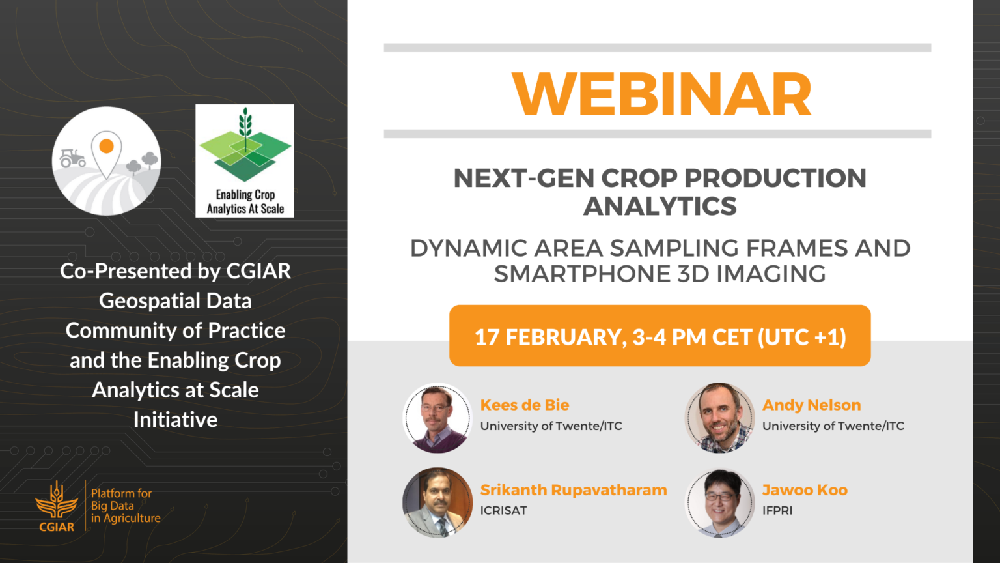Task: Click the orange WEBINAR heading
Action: (661, 94)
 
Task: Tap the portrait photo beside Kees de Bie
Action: (437, 418)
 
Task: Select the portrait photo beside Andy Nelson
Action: (719, 418)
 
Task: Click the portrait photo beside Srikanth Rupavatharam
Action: (437, 502)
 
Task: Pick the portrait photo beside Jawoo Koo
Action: (719, 502)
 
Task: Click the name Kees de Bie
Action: (525, 405)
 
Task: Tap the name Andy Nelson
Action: (812, 405)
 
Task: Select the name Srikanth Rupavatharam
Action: (574, 490)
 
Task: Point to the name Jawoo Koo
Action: (805, 490)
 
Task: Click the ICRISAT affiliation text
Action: (503, 510)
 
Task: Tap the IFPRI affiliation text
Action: (777, 510)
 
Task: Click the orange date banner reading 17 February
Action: (660, 336)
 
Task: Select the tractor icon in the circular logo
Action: (72, 158)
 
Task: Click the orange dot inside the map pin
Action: (106, 146)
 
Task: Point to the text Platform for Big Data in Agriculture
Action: (126, 506)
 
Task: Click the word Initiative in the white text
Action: (175, 420)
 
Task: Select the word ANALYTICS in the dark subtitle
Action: (660, 206)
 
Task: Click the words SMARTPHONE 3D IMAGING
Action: (660, 274)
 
